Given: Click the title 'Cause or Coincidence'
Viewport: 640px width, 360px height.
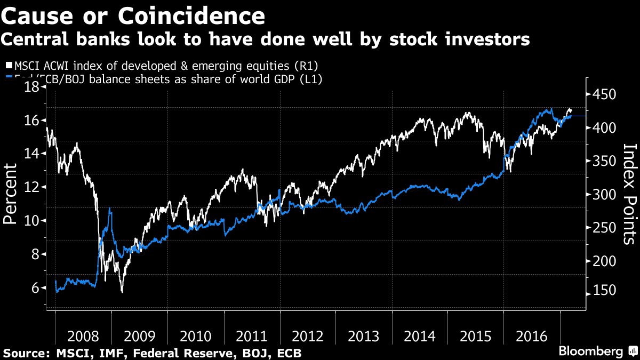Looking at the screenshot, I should [x=133, y=16].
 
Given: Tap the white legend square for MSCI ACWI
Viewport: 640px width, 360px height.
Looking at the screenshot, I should [x=9, y=66].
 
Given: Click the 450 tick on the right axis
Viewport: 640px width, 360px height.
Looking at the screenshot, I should [x=602, y=95].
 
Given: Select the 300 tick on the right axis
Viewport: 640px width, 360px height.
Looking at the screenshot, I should [x=602, y=195].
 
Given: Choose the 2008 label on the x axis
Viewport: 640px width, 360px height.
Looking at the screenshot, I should [x=83, y=337].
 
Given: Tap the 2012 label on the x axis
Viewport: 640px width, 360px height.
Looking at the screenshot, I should [x=308, y=337].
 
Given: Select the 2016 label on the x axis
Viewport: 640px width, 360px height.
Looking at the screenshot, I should [x=532, y=337].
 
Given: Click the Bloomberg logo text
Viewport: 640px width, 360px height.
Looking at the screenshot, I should [x=590, y=351].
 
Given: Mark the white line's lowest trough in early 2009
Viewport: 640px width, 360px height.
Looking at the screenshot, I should [x=122, y=292].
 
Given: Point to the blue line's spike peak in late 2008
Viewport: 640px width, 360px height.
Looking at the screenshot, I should [x=110, y=209].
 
